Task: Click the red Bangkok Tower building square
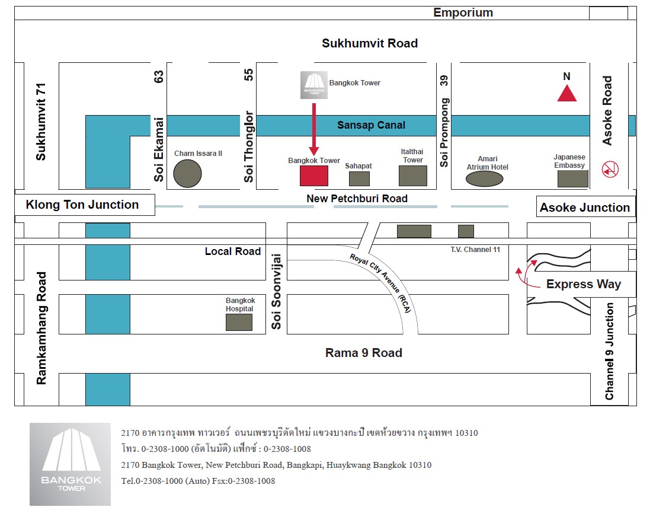[x=313, y=176]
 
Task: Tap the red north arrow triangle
[x=566, y=94]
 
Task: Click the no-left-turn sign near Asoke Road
[x=610, y=170]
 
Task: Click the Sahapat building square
[x=358, y=179]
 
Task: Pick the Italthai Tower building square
[x=412, y=176]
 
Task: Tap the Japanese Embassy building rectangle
[x=572, y=179]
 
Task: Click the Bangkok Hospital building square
[x=239, y=322]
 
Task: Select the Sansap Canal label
[x=371, y=125]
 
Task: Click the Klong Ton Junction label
[x=82, y=205]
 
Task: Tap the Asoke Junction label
[x=584, y=208]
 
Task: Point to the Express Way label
[x=583, y=284]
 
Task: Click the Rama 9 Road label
[x=364, y=353]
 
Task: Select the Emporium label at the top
[x=463, y=12]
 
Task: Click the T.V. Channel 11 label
[x=475, y=250]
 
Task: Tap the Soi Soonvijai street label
[x=276, y=291]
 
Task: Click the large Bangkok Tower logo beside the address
[x=70, y=464]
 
